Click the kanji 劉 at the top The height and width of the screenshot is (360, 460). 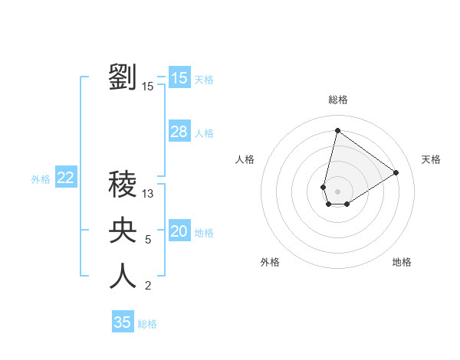point(123,77)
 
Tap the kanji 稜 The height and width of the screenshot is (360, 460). point(123,185)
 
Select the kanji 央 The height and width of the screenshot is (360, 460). point(123,230)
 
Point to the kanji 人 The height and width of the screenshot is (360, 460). point(123,276)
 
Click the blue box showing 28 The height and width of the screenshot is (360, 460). point(179,132)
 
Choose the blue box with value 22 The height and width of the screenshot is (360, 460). point(65,178)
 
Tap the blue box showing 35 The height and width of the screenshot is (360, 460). point(123,322)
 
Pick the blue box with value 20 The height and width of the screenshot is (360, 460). point(179,231)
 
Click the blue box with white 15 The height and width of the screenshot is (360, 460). point(179,78)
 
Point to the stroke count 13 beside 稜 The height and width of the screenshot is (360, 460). point(148,195)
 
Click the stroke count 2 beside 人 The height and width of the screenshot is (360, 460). point(148,286)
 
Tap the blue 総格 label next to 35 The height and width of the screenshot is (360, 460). point(147,324)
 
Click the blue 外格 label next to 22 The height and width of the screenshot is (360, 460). point(41,179)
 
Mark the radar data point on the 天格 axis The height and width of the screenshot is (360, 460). point(396,172)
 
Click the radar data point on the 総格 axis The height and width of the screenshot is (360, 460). point(337,130)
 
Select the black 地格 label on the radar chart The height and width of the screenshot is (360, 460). point(402,262)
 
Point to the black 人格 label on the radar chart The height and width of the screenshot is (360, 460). point(245,159)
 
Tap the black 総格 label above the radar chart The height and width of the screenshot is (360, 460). point(337,100)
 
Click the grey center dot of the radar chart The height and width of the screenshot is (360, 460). point(337,191)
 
